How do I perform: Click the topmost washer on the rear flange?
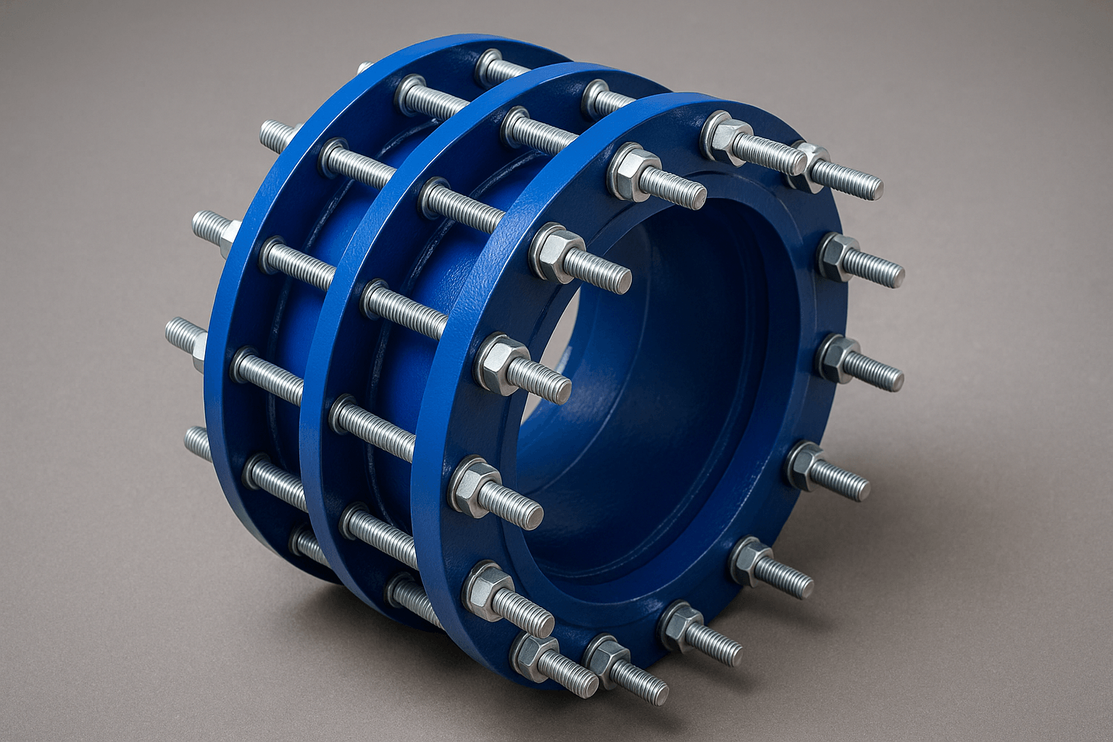click(x=490, y=64)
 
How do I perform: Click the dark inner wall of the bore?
click(x=652, y=377)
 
